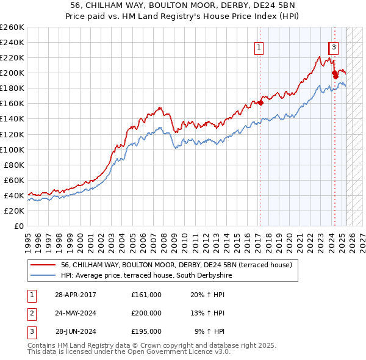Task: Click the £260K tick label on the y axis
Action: click(12, 27)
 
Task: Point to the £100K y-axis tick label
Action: click(12, 149)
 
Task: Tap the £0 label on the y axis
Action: click(19, 226)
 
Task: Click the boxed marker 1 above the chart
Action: click(259, 47)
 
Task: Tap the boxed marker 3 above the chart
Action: click(335, 47)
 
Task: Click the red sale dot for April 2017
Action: click(260, 103)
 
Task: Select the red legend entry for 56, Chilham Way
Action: click(177, 265)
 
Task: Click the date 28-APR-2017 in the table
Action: click(76, 295)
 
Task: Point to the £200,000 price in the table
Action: click(146, 313)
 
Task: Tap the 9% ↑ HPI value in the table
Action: click(210, 331)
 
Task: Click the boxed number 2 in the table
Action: click(30, 313)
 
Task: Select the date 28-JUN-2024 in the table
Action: click(76, 331)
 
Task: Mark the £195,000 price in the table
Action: click(146, 331)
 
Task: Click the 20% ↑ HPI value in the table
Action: click(207, 295)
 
